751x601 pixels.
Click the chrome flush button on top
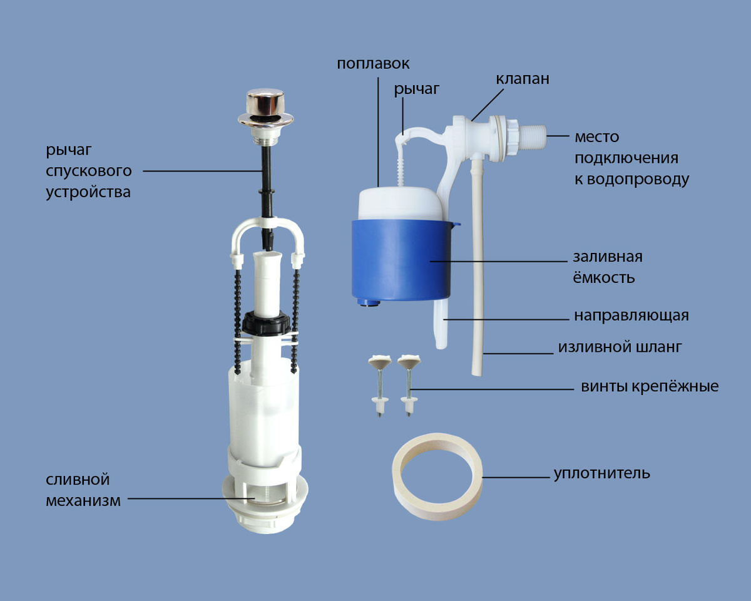265,108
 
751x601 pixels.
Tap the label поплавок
373,64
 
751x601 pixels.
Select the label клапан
523,79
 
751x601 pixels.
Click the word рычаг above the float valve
416,90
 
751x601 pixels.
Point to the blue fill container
402,260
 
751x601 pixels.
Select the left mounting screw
380,385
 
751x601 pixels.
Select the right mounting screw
409,385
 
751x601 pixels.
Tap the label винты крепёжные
650,387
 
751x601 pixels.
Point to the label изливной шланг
620,347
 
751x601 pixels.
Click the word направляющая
631,316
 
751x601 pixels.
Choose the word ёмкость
603,277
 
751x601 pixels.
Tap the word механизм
83,501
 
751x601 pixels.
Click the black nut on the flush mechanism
266,324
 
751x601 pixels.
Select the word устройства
88,192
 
